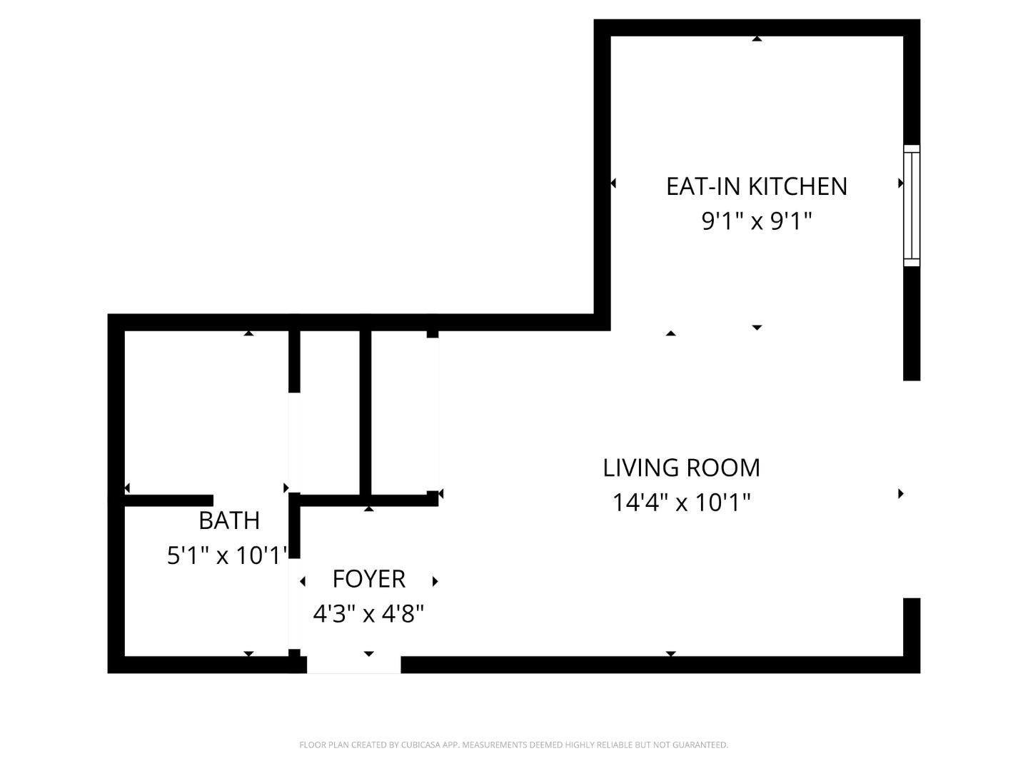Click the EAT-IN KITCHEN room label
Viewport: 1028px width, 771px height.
pyautogui.click(x=756, y=186)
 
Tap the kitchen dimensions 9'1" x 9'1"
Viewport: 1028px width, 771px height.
pyautogui.click(x=756, y=221)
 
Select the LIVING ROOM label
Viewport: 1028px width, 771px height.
pyautogui.click(x=681, y=468)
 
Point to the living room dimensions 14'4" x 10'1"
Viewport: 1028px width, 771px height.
pyautogui.click(x=681, y=503)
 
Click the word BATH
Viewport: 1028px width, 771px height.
pyautogui.click(x=228, y=521)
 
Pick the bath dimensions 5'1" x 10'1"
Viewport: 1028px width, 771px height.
pyautogui.click(x=227, y=555)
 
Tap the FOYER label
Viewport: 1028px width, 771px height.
pyautogui.click(x=368, y=579)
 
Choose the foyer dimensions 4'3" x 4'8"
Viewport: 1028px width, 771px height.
pyautogui.click(x=368, y=613)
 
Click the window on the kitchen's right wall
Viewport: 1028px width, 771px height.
pyautogui.click(x=912, y=206)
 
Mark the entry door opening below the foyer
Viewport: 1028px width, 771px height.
pyautogui.click(x=353, y=665)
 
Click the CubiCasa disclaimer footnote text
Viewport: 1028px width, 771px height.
pyautogui.click(x=513, y=745)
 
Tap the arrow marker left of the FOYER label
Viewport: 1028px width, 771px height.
pyautogui.click(x=303, y=581)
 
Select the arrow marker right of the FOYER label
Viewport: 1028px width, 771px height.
pyautogui.click(x=435, y=581)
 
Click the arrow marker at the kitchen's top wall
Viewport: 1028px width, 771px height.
pyautogui.click(x=757, y=39)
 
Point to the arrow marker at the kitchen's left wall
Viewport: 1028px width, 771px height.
pyautogui.click(x=613, y=183)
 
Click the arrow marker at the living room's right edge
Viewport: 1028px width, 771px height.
pyautogui.click(x=901, y=493)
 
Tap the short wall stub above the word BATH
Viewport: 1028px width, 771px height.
pyautogui.click(x=168, y=500)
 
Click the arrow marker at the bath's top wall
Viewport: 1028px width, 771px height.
pyautogui.click(x=248, y=333)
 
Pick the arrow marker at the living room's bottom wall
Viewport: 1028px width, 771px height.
pyautogui.click(x=670, y=653)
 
